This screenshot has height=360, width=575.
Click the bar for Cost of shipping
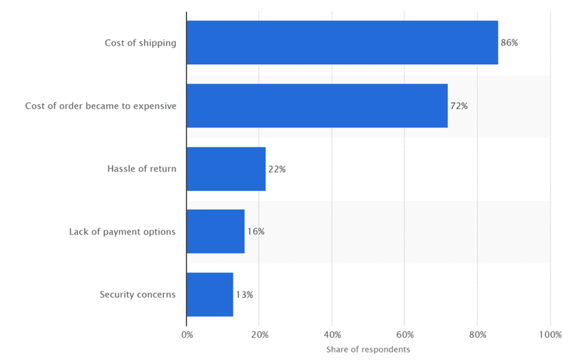pyautogui.click(x=342, y=43)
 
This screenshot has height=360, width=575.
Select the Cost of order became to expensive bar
pyautogui.click(x=317, y=106)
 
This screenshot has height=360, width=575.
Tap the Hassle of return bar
pyautogui.click(x=225, y=169)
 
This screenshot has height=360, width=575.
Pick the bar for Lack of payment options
pyautogui.click(x=215, y=232)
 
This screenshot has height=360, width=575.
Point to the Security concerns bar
pyautogui.click(x=210, y=294)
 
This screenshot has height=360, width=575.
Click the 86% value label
pyautogui.click(x=509, y=43)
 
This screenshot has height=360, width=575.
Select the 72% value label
pyautogui.click(x=459, y=106)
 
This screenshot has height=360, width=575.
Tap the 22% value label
pyautogui.click(x=277, y=169)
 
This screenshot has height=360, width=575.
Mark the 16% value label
pyautogui.click(x=255, y=232)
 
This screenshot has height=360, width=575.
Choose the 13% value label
pyautogui.click(x=244, y=294)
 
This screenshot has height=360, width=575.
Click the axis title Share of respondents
pyautogui.click(x=368, y=349)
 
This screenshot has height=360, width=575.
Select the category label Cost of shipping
pyautogui.click(x=140, y=43)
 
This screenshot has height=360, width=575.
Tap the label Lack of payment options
pyautogui.click(x=122, y=232)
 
